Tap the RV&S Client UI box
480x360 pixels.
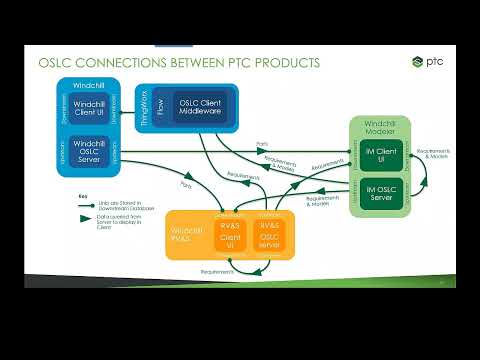pyautogui.click(x=230, y=236)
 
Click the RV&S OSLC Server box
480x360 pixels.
pyautogui.click(x=268, y=236)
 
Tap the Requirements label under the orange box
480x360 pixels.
pyautogui.click(x=216, y=271)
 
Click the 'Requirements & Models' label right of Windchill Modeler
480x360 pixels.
pyautogui.click(x=437, y=156)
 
